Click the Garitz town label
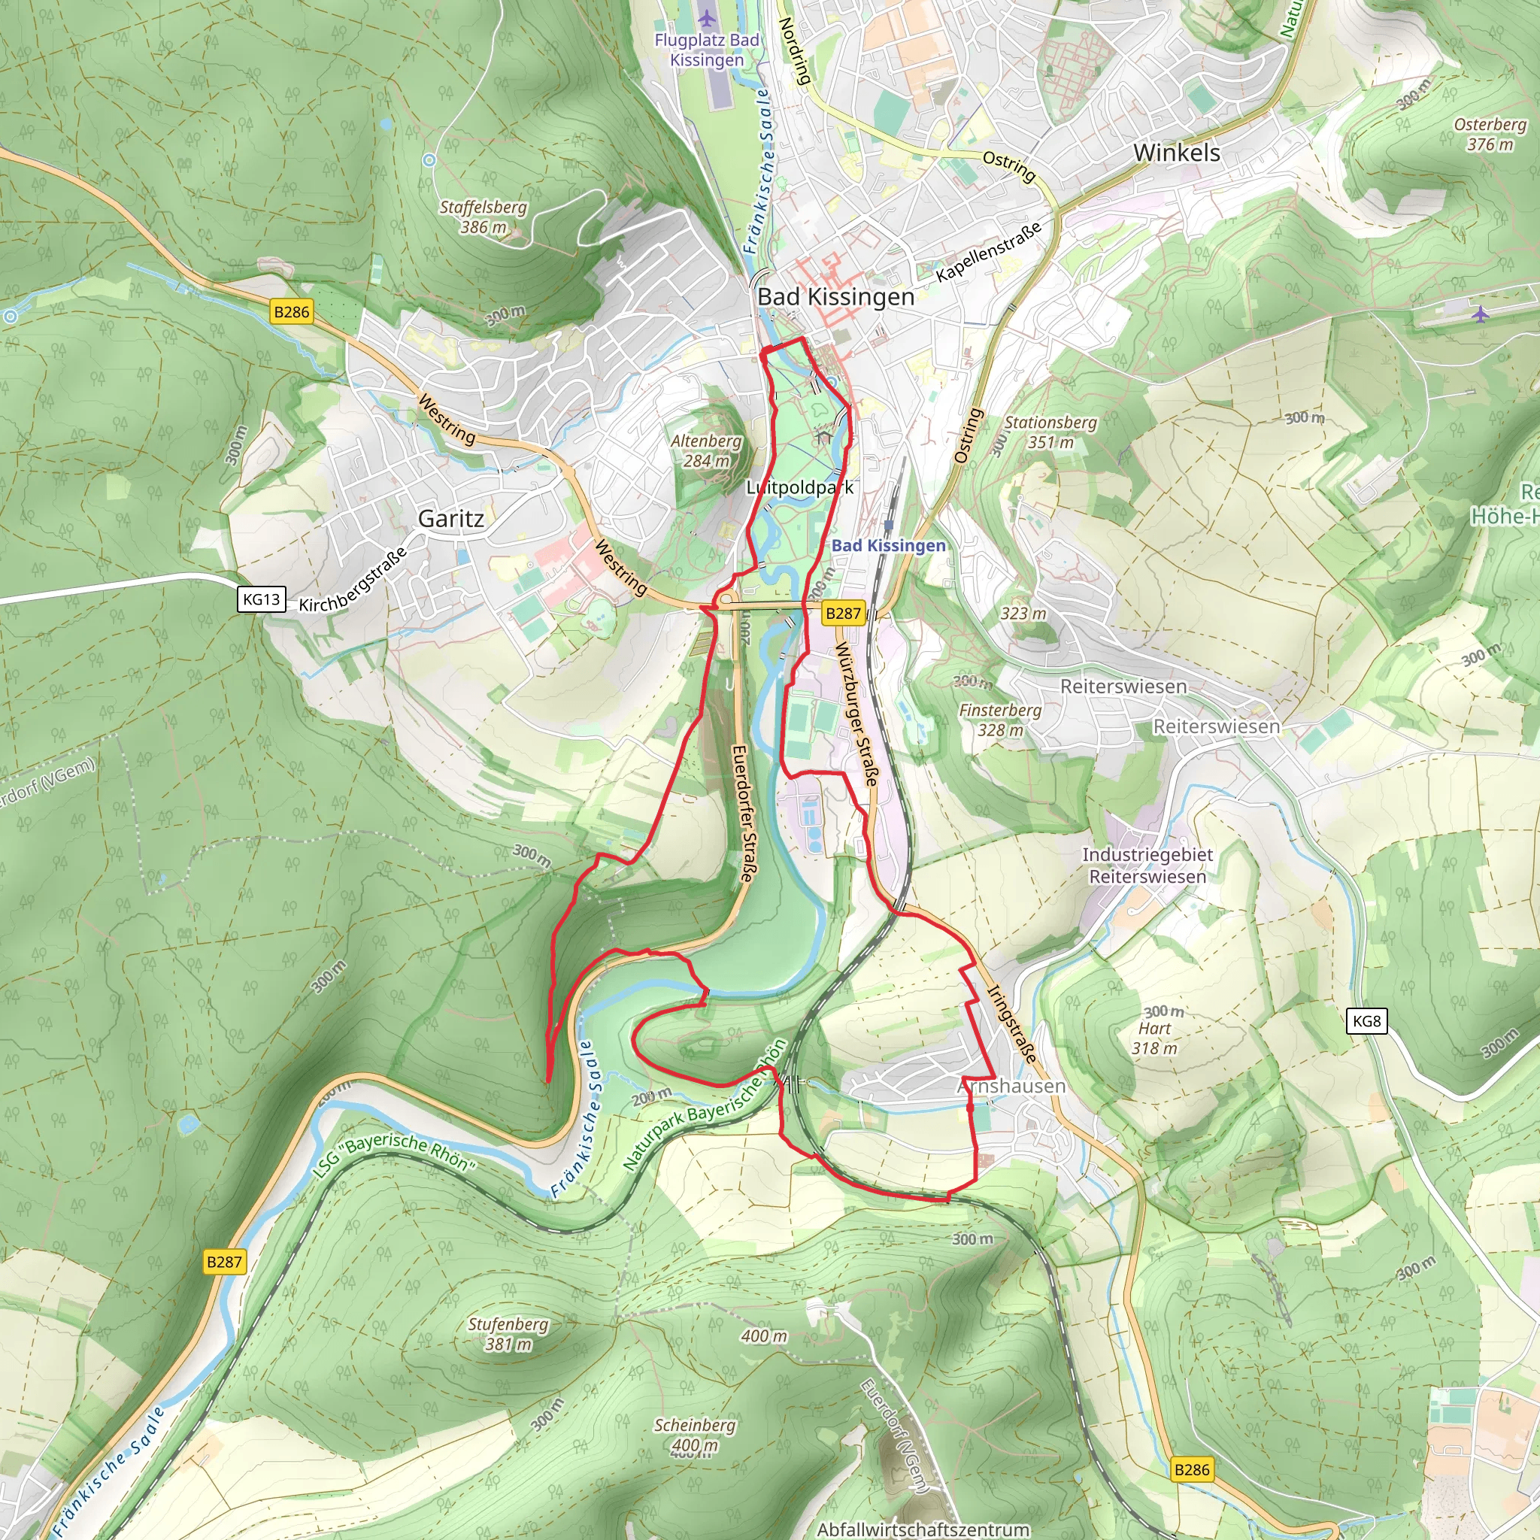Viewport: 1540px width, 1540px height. tap(450, 519)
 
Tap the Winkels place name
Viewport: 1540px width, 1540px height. tap(1176, 152)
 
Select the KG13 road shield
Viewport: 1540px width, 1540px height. tap(262, 599)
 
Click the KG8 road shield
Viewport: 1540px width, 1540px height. tap(1366, 1021)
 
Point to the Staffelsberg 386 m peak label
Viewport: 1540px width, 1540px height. tap(483, 217)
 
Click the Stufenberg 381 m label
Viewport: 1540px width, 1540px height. tap(508, 1333)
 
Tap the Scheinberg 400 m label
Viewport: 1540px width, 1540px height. tap(694, 1435)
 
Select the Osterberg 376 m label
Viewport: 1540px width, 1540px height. tap(1490, 134)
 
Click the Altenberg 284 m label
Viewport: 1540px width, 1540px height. tap(705, 450)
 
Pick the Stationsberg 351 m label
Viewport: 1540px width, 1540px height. tap(1050, 432)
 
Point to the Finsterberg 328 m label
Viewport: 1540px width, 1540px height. tap(999, 720)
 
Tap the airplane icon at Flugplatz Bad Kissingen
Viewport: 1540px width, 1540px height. tap(706, 17)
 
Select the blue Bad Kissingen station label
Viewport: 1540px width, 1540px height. tap(888, 546)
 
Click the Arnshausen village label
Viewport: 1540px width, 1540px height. tap(1011, 1087)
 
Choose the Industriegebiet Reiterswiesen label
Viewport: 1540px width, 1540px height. tap(1146, 865)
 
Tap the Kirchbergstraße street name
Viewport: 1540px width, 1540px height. tap(353, 581)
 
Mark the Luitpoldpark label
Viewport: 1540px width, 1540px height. tap(799, 487)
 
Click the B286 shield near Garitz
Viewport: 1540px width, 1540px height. tap(291, 311)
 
